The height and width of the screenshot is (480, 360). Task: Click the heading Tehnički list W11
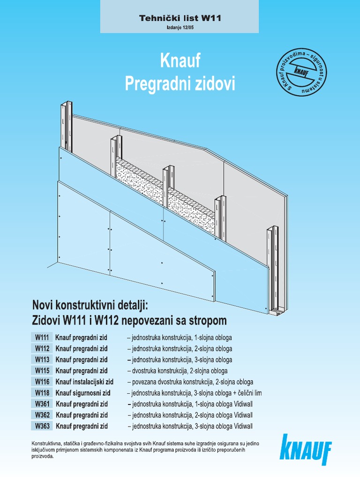coord(180,19)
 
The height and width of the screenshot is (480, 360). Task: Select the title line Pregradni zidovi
coord(180,84)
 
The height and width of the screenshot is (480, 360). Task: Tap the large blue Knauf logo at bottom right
coord(306,450)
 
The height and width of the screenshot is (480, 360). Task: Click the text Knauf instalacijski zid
coord(84,382)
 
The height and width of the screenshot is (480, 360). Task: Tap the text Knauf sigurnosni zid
coord(83,393)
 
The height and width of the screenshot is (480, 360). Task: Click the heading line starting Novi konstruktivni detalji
coord(90,306)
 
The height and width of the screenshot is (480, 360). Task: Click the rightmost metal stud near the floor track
coord(272,267)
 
